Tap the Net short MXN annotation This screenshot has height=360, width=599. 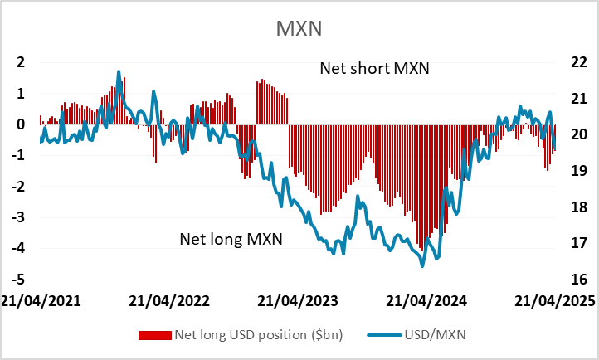[x=374, y=68]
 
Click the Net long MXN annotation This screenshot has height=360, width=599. [x=231, y=240]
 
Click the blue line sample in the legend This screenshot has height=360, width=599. [x=387, y=334]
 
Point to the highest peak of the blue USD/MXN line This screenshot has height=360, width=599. [x=119, y=71]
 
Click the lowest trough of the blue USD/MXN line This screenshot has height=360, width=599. [x=422, y=265]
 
